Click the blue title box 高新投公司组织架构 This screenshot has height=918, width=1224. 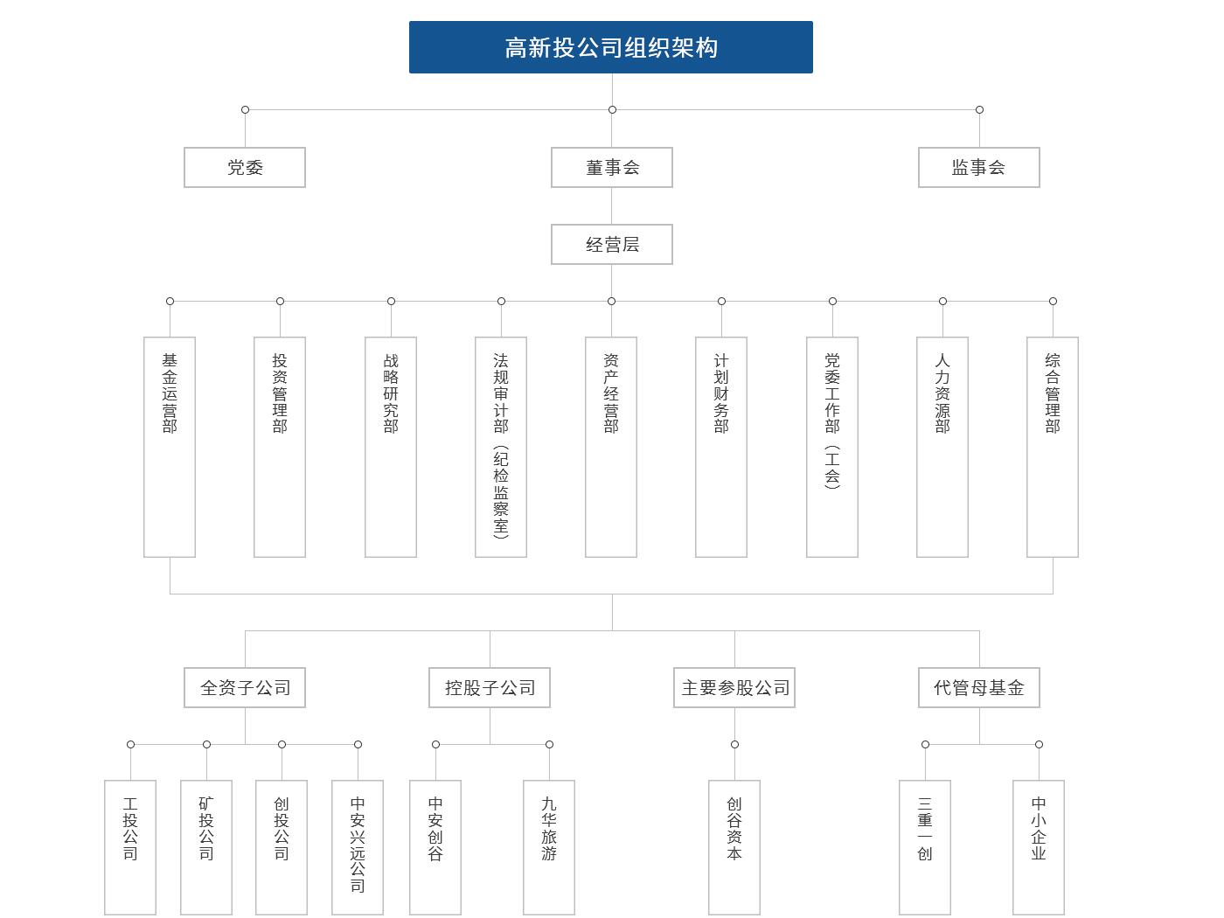click(x=610, y=47)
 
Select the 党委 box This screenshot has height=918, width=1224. click(x=245, y=167)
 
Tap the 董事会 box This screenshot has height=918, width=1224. click(x=612, y=167)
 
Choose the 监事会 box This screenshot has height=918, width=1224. click(x=979, y=167)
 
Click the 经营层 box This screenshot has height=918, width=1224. click(x=612, y=244)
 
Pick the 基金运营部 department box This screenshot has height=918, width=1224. click(x=170, y=447)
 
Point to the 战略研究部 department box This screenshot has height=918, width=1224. click(x=391, y=447)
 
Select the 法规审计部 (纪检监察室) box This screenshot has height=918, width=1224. click(x=501, y=447)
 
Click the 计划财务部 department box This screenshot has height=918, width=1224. click(x=721, y=447)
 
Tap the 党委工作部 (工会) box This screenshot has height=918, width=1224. click(x=832, y=447)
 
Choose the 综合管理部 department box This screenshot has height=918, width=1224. click(x=1053, y=447)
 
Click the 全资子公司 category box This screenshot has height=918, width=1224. click(x=245, y=687)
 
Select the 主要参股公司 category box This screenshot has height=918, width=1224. click(x=734, y=687)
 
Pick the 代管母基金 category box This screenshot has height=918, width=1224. click(x=979, y=687)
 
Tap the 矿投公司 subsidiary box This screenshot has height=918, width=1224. click(x=206, y=846)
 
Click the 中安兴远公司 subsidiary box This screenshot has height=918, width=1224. click(x=358, y=846)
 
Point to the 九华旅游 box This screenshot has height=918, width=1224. click(x=549, y=846)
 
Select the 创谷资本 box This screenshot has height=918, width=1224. click(x=734, y=846)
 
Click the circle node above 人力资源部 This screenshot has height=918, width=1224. click(x=943, y=301)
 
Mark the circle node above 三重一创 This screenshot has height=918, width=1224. click(x=926, y=744)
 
